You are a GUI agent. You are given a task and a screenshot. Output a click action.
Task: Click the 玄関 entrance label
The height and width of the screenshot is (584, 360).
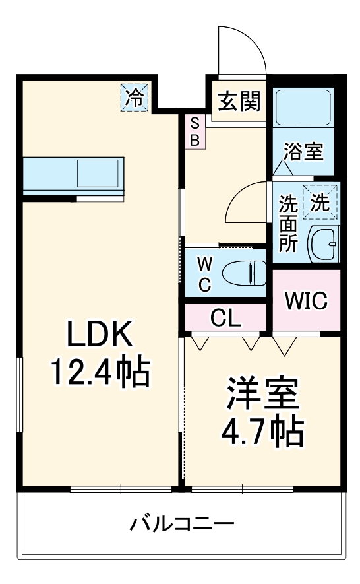[x=239, y=102]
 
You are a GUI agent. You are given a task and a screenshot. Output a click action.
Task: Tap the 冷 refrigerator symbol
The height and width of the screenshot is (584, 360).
[x=135, y=98]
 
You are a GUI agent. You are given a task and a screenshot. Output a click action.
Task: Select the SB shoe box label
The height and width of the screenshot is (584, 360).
[x=196, y=131]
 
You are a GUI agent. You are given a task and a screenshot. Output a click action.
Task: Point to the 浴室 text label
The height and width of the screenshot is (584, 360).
[x=303, y=151]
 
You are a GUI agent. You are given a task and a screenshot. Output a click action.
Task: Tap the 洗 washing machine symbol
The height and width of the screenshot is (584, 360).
[x=319, y=202]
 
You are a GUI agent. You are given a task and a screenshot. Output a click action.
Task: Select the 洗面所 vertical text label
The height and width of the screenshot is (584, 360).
[x=287, y=223]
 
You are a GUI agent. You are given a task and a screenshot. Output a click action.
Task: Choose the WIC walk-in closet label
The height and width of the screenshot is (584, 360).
[x=306, y=301]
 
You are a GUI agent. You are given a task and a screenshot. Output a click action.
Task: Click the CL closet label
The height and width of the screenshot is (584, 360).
[x=226, y=319]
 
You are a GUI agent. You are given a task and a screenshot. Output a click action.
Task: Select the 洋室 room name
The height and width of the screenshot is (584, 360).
[x=263, y=395]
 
